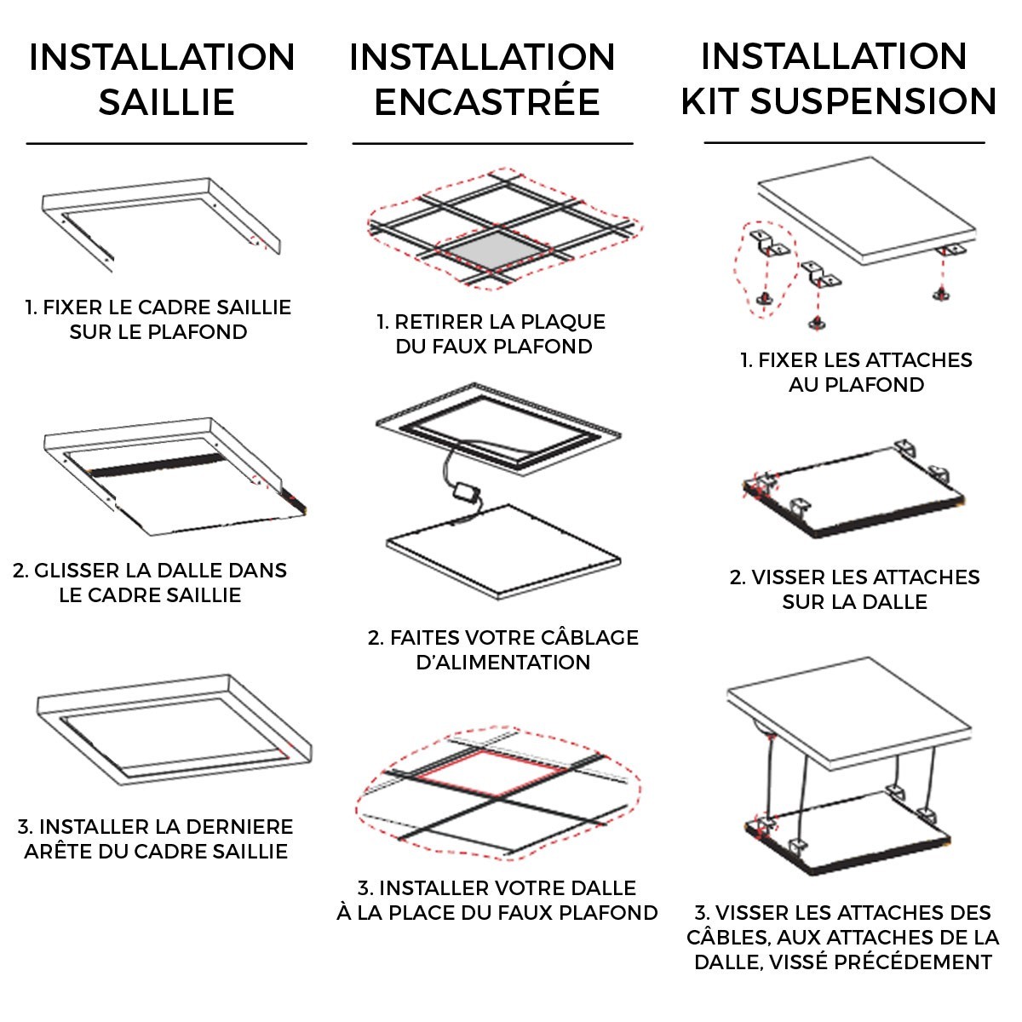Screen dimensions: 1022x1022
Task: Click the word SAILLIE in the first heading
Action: click(167, 102)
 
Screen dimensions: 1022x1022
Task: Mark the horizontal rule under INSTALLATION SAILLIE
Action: click(167, 143)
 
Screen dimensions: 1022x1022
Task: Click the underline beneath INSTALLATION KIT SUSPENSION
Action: click(844, 143)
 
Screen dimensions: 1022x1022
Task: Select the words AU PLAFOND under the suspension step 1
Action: click(856, 385)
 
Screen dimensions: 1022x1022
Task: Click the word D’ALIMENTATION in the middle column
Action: click(502, 663)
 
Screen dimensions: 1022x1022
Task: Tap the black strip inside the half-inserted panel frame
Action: click(158, 464)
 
